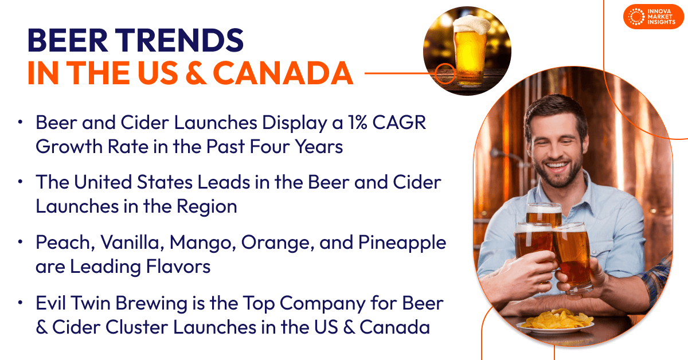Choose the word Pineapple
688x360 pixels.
click(x=402, y=243)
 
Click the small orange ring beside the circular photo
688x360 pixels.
click(x=444, y=73)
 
